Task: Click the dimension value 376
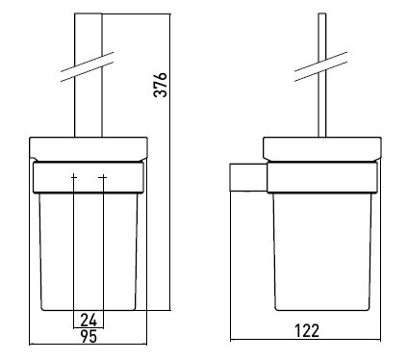click(x=161, y=85)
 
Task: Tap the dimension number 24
click(x=89, y=320)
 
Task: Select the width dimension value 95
click(x=89, y=336)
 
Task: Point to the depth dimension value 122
click(x=307, y=331)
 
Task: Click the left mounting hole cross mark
click(x=74, y=177)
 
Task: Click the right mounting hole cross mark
click(x=103, y=177)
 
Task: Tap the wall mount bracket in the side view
click(x=248, y=177)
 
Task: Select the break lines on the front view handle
click(x=88, y=66)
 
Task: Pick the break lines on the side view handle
click(x=320, y=66)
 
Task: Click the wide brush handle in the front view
click(x=89, y=75)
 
